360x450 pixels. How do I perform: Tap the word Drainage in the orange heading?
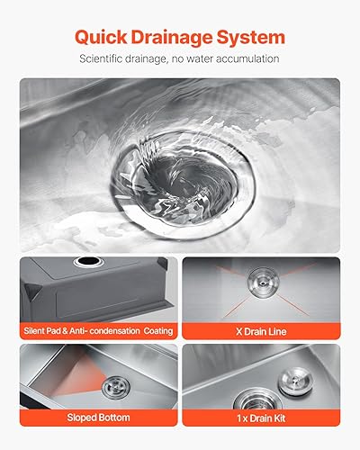pos(179,37)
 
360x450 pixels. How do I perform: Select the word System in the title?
pos(255,37)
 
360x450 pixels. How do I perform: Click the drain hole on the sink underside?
pos(87,265)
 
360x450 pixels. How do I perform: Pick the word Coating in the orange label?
pos(153,332)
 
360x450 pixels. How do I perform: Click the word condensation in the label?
pos(111,332)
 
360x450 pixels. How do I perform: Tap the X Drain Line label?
pos(261,332)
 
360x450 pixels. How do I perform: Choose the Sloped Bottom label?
pos(98,418)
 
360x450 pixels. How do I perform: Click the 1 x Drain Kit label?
pos(261,418)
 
